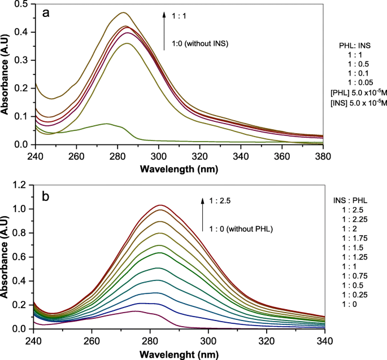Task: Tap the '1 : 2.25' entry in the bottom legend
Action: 353,219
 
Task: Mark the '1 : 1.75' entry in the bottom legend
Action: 353,240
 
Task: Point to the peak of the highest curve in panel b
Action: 160,205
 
